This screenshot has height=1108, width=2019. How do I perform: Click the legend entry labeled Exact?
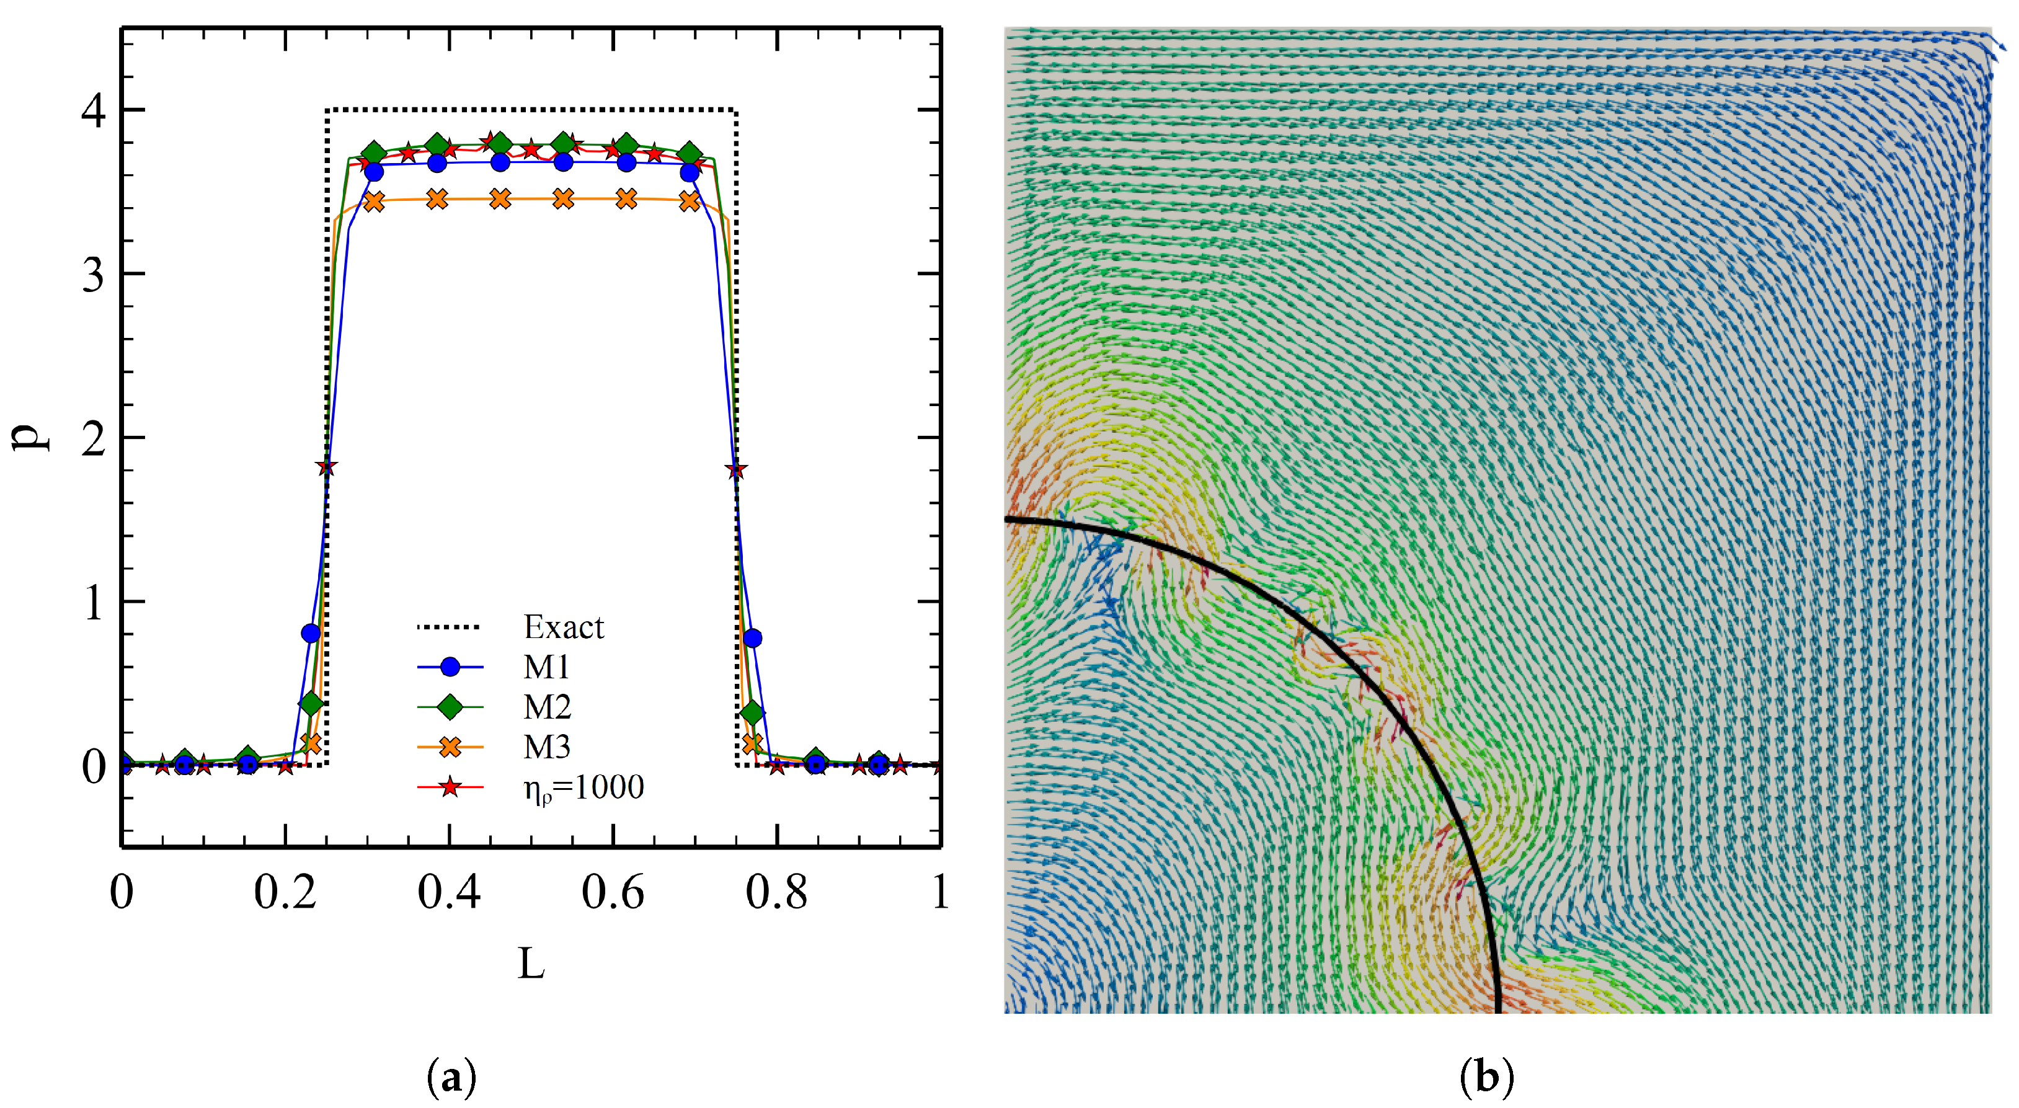coord(563,627)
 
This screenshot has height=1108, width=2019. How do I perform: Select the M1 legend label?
coord(546,667)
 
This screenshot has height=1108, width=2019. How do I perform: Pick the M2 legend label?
coord(547,707)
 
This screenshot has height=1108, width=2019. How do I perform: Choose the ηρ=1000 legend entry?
coord(583,787)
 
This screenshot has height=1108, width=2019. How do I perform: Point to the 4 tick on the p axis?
coord(94,110)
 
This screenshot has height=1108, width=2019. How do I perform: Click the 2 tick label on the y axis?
coord(94,438)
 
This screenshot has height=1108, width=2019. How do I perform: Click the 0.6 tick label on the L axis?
coord(612,892)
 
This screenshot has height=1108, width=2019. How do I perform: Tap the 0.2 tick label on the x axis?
coord(285,892)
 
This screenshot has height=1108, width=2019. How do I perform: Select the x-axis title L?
coord(531,964)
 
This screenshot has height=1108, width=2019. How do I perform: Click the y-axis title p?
coord(30,437)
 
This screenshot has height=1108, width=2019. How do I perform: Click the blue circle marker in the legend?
coord(450,667)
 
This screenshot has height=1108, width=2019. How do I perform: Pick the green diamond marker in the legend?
coord(450,707)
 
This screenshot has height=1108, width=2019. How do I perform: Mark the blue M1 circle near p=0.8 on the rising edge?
coord(311,632)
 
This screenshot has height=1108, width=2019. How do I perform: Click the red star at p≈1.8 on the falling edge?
coord(735,470)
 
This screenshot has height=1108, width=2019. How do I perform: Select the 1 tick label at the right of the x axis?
coord(941,892)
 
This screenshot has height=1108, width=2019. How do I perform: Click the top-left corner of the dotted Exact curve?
coord(327,110)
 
